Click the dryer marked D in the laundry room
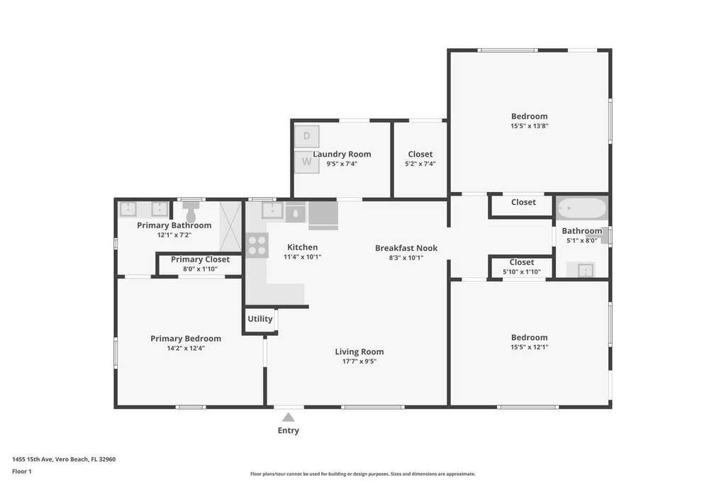tap(306, 137)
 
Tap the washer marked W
tap(306, 162)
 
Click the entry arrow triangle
tap(289, 417)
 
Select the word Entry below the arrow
tap(289, 430)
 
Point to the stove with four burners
tap(257, 244)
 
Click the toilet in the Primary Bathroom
tap(191, 211)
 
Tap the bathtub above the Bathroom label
tap(581, 208)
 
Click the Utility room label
tap(259, 319)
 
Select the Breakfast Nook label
tap(406, 248)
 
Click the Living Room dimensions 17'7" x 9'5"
tap(359, 361)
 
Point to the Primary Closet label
tap(200, 259)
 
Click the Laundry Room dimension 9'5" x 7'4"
tap(342, 164)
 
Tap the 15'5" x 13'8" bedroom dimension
tap(529, 126)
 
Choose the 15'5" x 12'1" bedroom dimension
tap(529, 347)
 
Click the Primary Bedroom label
tap(186, 339)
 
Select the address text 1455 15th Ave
tap(33, 459)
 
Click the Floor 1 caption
tap(22, 471)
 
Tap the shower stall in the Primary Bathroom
tap(230, 226)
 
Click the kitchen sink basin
tap(272, 210)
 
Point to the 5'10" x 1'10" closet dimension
tap(522, 272)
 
